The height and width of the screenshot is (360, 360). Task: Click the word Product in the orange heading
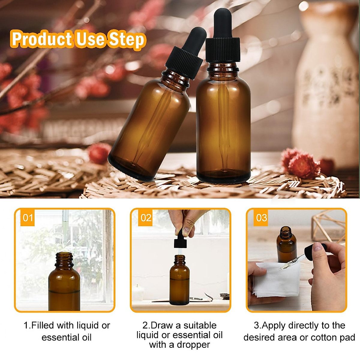[41, 40]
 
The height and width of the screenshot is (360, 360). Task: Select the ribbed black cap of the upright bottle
[223, 50]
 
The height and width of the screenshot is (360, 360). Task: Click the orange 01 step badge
[28, 217]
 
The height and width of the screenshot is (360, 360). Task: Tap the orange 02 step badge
[146, 217]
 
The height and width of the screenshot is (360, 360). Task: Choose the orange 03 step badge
[262, 217]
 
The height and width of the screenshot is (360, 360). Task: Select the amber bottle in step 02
[179, 282]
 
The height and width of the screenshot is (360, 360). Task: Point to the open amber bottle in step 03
[286, 244]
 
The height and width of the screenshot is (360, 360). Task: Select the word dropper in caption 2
[193, 345]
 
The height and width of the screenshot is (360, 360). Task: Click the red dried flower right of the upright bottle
[300, 163]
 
